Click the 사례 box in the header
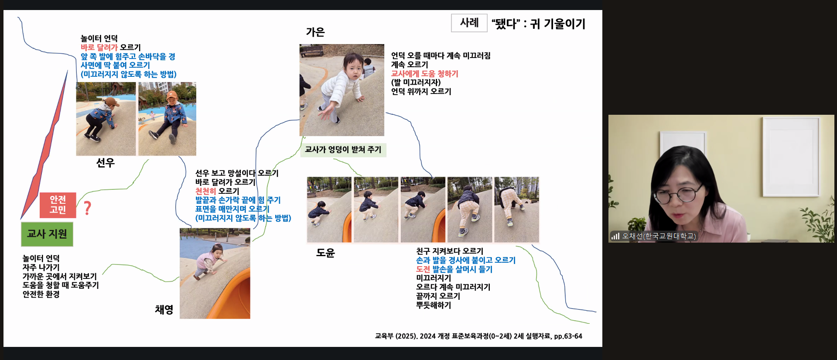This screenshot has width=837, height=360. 469,23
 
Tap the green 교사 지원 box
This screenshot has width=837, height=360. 47,234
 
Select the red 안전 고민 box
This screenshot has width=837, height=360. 58,205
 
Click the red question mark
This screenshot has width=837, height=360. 87,208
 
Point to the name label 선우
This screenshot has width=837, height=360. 105,163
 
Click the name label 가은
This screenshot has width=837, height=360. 315,32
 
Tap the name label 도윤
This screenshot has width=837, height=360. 325,253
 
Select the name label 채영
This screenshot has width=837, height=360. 164,309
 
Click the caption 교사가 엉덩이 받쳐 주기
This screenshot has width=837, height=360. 343,150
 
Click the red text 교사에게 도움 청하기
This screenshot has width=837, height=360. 424,74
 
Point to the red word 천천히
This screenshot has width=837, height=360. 205,191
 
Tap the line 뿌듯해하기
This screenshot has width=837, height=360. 434,305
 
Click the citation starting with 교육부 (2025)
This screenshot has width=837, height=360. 478,336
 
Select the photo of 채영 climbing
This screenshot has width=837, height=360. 215,273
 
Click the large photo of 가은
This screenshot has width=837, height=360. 342,90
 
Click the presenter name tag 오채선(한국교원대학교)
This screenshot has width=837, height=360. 659,236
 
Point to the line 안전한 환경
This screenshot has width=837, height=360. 41,294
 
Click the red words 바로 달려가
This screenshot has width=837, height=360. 99,47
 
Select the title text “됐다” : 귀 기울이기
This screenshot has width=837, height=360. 538,24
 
